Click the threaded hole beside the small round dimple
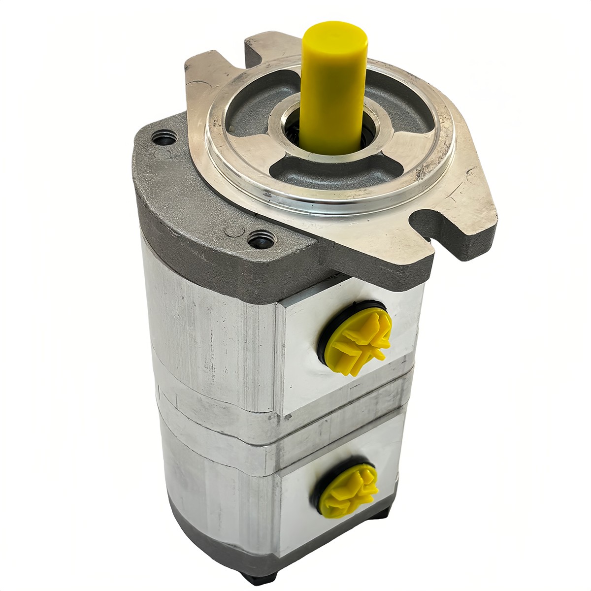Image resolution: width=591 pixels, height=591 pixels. pos(259,241)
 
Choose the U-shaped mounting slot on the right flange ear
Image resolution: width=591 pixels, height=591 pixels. pos(433,222)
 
